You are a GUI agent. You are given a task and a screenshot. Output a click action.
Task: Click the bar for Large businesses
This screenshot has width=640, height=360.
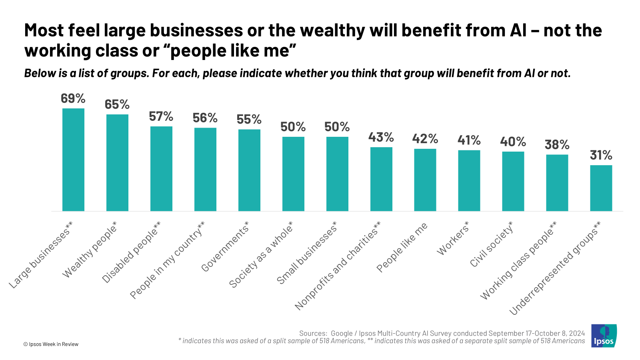pos(73,160)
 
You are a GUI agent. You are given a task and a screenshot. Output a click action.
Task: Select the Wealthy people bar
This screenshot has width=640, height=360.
pos(117,163)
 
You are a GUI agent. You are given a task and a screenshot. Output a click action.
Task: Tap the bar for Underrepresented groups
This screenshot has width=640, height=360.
pos(601,188)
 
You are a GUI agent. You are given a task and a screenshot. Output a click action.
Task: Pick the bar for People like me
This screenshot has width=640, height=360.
pos(425,180)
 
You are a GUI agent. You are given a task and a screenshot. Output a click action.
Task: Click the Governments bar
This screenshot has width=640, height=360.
pos(249,170)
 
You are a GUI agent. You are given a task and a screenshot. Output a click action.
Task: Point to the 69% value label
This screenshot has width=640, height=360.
pos(73,98)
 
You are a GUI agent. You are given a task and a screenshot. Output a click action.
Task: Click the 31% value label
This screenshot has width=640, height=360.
pos(601,155)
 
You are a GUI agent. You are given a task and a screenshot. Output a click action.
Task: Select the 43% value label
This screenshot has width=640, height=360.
pos(381,138)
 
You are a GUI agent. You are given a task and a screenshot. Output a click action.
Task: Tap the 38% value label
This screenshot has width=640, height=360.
pos(557,145)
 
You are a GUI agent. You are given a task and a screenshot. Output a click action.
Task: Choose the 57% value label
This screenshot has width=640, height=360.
pos(161,116)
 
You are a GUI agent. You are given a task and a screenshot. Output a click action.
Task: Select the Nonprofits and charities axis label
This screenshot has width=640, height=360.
pos(338,266)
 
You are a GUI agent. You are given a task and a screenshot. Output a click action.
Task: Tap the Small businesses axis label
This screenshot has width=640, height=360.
pos(307,253)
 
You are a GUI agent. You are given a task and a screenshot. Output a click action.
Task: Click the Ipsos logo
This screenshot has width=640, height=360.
pos(604,336)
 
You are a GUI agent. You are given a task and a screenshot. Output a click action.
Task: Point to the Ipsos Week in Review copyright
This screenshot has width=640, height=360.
pos(51,344)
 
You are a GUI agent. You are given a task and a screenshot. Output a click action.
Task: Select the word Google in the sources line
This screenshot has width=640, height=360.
pos(342,333)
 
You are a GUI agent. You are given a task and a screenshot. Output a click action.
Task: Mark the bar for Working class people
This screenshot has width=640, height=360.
pos(557,183)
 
